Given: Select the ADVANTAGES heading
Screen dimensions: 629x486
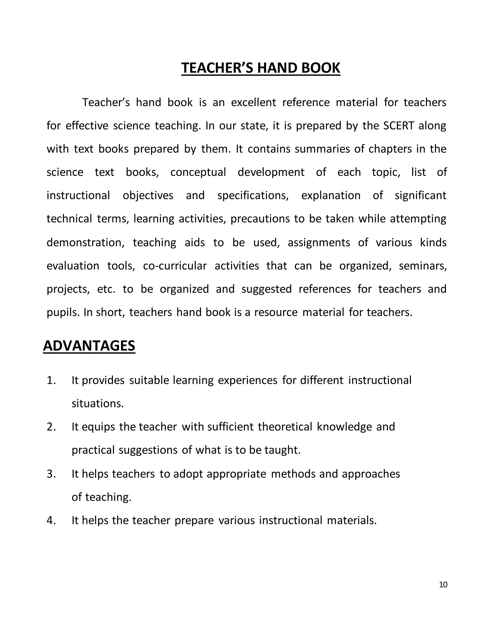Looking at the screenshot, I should pos(89,346).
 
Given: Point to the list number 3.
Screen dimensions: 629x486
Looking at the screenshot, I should pos(51,474).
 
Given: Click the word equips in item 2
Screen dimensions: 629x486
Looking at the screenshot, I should pos(98,427).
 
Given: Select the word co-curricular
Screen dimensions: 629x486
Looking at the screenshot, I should pos(175,266).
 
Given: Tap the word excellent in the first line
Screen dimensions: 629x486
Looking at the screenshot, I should pos(253,103).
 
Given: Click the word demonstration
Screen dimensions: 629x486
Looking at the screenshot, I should pos(85,243).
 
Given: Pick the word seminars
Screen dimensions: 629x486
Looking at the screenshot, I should pos(423,266).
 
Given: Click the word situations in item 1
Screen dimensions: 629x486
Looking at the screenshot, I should pos(97,404).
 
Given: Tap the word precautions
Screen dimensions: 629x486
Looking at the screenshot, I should pos(260,219).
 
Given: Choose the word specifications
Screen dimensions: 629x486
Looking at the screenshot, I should pos(253,196).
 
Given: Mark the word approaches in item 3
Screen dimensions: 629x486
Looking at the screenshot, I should pos(371,474).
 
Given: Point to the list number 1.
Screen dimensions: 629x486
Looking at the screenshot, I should pos(51,380).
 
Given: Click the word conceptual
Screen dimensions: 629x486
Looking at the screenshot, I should pos(198,172).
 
